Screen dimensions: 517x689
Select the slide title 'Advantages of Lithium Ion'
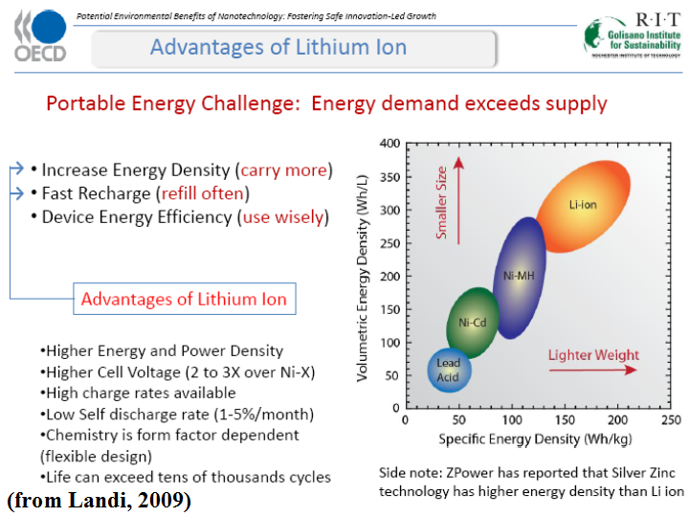point(278,47)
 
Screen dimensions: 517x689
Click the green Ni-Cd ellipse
point(473,323)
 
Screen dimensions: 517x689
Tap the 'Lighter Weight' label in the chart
point(593,355)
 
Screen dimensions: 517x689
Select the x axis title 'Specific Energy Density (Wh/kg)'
point(537,438)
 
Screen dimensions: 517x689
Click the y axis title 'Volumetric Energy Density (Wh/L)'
point(364,275)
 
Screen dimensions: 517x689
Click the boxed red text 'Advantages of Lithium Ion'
point(184,299)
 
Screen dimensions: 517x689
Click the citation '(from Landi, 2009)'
point(99,500)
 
